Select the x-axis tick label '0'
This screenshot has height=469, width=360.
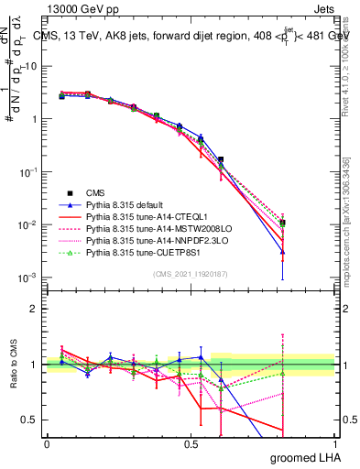pyautogui.click(x=47, y=445)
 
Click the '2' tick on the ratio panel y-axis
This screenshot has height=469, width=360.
pyautogui.click(x=34, y=309)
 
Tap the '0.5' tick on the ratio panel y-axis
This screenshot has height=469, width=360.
pyautogui.click(x=30, y=420)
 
